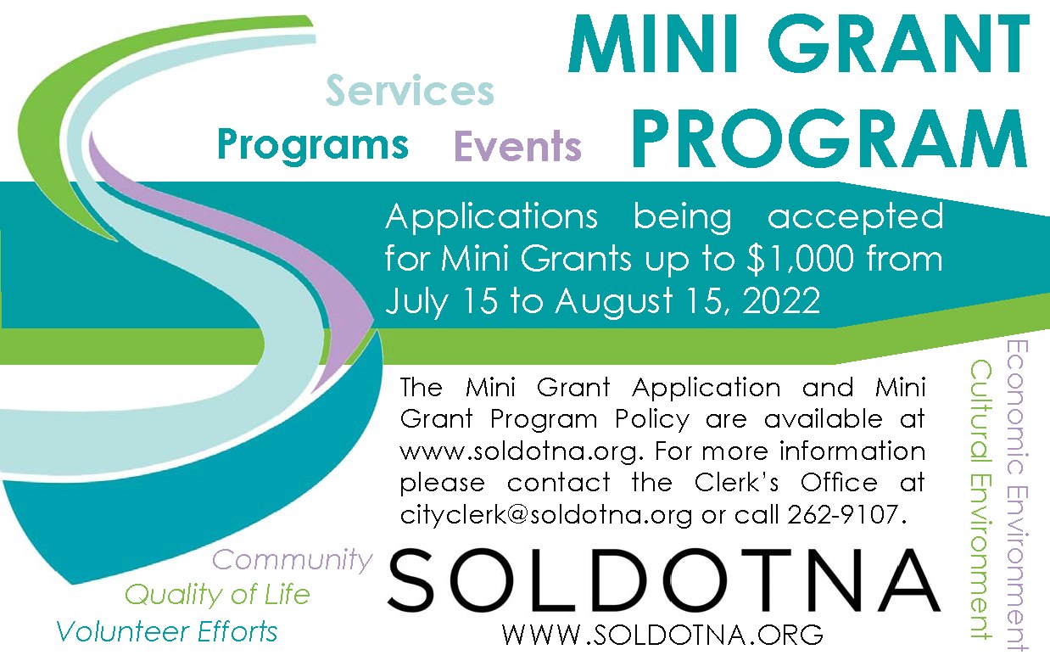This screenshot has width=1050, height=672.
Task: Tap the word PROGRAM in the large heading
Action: pyautogui.click(x=829, y=137)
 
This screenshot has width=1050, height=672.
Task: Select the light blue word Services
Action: pyautogui.click(x=411, y=91)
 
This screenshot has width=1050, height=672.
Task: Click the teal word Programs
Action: pyautogui.click(x=313, y=145)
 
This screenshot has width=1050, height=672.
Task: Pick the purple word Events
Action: pyautogui.click(x=518, y=146)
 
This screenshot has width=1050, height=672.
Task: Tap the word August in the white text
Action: pyautogui.click(x=615, y=301)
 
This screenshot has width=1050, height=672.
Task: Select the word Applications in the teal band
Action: pyautogui.click(x=491, y=217)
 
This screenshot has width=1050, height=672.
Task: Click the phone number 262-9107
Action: pyautogui.click(x=842, y=514)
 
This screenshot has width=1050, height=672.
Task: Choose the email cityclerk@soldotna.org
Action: pyautogui.click(x=545, y=515)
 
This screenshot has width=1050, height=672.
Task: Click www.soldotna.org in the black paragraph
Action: pyautogui.click(x=518, y=451)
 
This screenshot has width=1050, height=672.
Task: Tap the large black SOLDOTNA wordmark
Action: pyautogui.click(x=664, y=581)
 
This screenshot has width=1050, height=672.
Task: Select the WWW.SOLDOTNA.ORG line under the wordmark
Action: pyautogui.click(x=662, y=635)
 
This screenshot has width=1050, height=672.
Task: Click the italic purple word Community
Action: pyautogui.click(x=293, y=560)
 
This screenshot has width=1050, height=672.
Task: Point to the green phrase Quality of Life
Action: pyautogui.click(x=217, y=596)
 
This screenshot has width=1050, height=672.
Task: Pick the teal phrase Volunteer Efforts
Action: pyautogui.click(x=167, y=631)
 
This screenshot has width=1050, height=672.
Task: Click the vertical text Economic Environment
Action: pyautogui.click(x=1017, y=496)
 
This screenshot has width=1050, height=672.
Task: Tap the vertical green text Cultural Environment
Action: pyautogui.click(x=980, y=500)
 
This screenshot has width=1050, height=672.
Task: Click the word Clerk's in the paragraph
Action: pyautogui.click(x=737, y=483)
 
